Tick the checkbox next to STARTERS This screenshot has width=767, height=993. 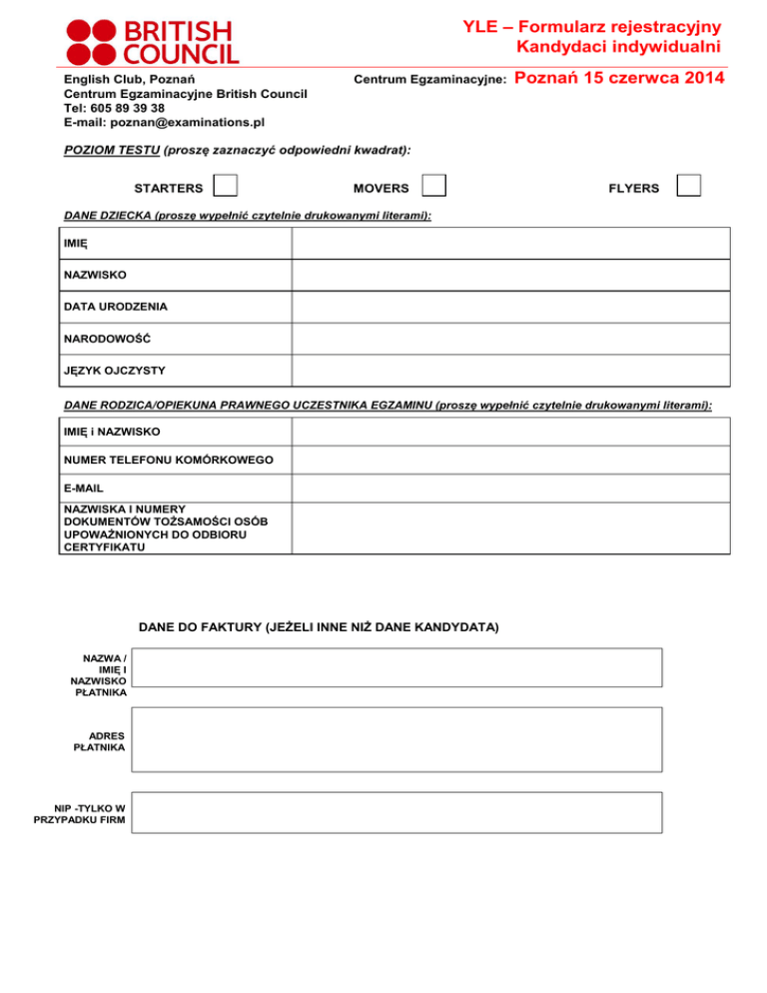point(227,186)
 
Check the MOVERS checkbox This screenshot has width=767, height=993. point(432,186)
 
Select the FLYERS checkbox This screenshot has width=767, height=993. point(688,186)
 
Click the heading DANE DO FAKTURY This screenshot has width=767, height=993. point(318,627)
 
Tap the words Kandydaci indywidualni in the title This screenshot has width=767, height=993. point(619,45)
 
